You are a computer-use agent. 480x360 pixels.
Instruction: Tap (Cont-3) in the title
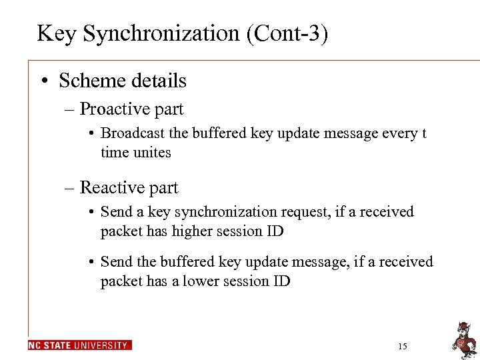coord(287,33)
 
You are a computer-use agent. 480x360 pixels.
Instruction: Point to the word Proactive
coord(114,109)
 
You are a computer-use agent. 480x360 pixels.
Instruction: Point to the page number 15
coord(401,347)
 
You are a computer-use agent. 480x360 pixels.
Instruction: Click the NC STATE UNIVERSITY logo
coord(80,345)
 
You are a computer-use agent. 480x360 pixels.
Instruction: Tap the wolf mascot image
coord(463,338)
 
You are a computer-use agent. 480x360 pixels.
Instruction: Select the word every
coord(397,133)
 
